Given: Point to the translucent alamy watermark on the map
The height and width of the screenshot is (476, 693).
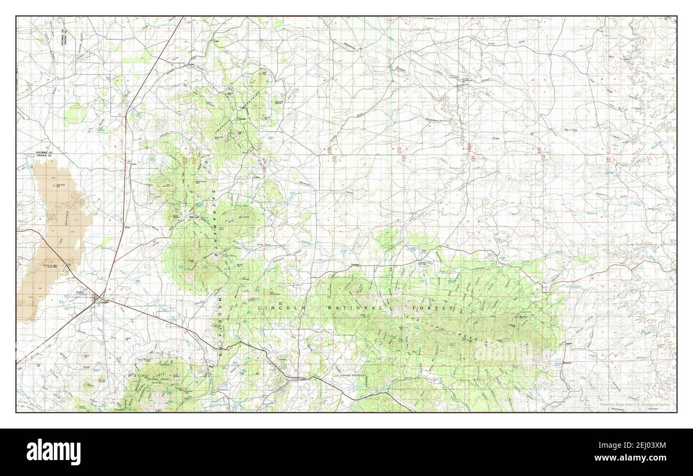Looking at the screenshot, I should tap(503, 351).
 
